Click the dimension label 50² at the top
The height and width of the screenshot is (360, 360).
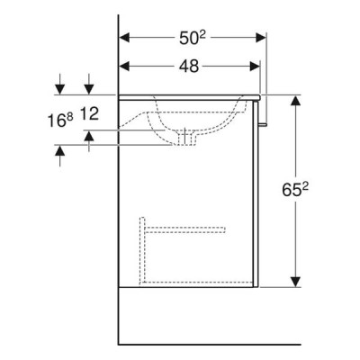click(193, 38)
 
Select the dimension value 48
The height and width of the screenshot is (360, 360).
click(189, 66)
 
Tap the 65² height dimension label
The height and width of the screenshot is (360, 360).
click(295, 190)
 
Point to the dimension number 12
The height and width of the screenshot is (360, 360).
click(89, 114)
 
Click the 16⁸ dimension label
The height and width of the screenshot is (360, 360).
click(60, 121)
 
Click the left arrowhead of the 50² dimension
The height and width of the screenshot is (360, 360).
click(124, 38)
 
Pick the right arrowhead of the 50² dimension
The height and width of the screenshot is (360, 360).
click(261, 38)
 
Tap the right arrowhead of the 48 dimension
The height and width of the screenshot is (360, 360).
click(255, 66)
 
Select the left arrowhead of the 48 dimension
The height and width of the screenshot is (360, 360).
click(124, 66)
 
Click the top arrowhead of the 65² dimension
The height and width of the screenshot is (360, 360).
click(296, 100)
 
